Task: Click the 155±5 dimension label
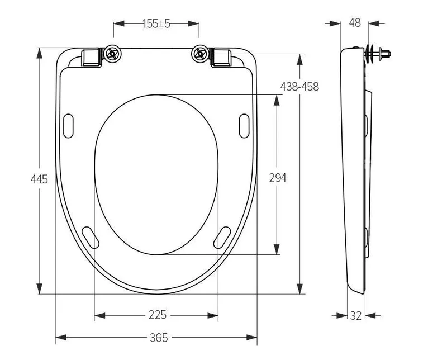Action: (x=156, y=23)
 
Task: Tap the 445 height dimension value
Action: (x=39, y=179)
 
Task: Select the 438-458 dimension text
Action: (x=299, y=87)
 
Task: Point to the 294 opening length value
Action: (x=278, y=178)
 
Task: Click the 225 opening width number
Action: (x=157, y=315)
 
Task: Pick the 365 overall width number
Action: (x=159, y=338)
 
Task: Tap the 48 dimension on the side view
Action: (x=355, y=23)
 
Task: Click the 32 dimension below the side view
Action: (x=356, y=315)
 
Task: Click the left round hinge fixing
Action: (x=113, y=54)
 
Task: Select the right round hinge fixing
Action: (x=201, y=54)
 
